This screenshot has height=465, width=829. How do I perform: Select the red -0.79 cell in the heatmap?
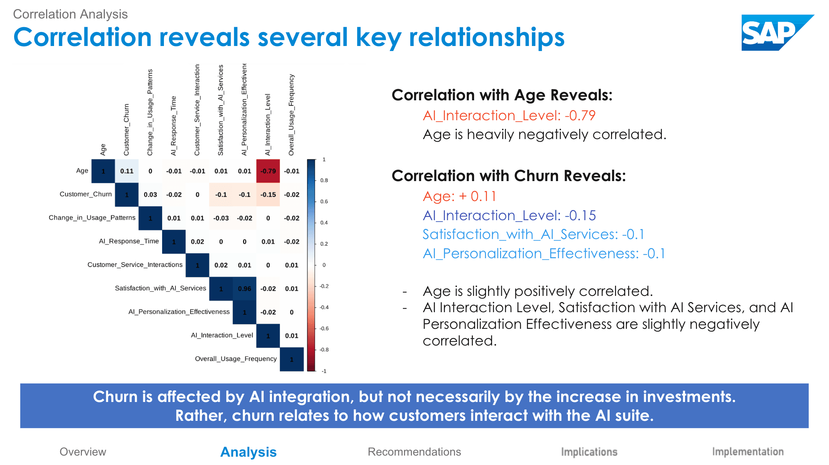coord(268,171)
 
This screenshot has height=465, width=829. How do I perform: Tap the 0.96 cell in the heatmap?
coord(244,289)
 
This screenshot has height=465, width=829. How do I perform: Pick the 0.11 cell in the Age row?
coord(127,171)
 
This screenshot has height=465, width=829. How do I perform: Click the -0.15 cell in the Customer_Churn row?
coord(268,194)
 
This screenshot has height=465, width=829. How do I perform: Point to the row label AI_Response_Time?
coord(129,241)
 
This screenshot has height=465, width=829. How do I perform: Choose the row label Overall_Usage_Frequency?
coord(236,359)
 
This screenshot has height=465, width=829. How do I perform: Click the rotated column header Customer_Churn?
coord(126,130)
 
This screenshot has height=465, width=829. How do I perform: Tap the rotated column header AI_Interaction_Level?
coord(268,125)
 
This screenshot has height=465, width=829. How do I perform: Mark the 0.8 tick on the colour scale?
coord(324,180)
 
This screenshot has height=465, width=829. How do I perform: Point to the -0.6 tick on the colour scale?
coord(324,328)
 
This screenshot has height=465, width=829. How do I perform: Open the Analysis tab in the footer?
coord(248,452)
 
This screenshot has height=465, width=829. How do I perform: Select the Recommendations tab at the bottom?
coord(414,452)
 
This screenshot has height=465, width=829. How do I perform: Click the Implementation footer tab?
coord(748,452)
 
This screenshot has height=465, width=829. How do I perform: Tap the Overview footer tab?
coord(83,452)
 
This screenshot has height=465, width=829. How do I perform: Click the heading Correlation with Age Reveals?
coord(502,95)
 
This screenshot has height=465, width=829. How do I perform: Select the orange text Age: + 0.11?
coord(459,196)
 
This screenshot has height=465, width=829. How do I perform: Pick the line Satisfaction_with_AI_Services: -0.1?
coord(533,234)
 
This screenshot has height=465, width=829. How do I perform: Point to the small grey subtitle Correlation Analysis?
coord(70,14)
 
